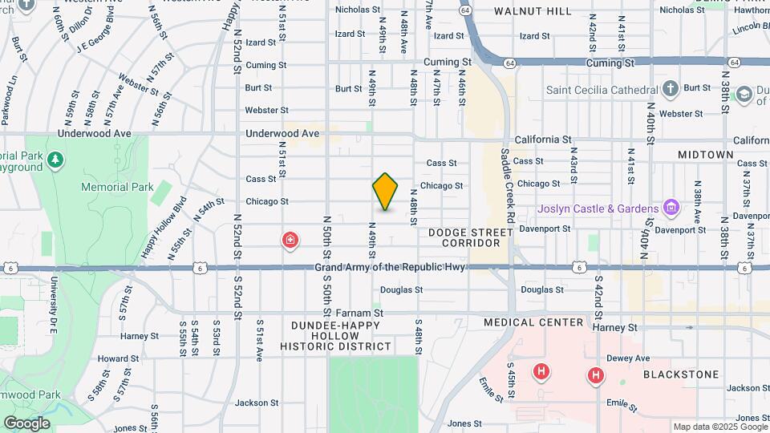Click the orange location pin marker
pyautogui.click(x=386, y=192)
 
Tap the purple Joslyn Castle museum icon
pyautogui.click(x=672, y=208)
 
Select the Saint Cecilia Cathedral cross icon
pyautogui.click(x=671, y=89)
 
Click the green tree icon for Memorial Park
pyautogui.click(x=55, y=160)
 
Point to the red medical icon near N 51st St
pyautogui.click(x=290, y=240)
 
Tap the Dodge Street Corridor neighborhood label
pyautogui.click(x=470, y=237)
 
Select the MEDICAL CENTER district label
pyautogui.click(x=533, y=322)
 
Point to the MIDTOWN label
pyautogui.click(x=705, y=154)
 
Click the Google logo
pyautogui.click(x=26, y=423)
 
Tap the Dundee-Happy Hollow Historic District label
pyautogui.click(x=336, y=334)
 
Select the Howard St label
pyautogui.click(x=119, y=358)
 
